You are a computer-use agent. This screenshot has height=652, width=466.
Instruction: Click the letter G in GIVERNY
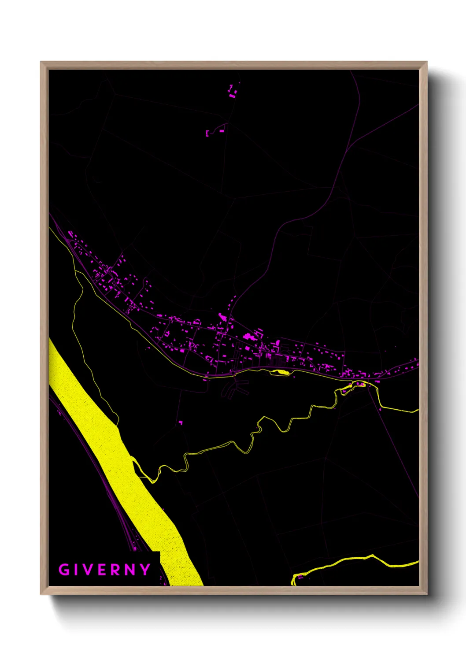64,570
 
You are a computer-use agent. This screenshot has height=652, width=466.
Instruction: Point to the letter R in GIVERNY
116,570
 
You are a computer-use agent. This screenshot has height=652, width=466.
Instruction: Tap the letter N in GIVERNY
130,570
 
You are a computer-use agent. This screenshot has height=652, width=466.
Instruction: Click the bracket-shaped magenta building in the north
207,133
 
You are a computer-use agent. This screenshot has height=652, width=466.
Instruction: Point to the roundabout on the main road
233,373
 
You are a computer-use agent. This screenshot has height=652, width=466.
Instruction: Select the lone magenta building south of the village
180,422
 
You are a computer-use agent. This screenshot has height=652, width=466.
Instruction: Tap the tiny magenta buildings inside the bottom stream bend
300,576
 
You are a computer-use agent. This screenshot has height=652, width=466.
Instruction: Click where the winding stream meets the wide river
134,460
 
